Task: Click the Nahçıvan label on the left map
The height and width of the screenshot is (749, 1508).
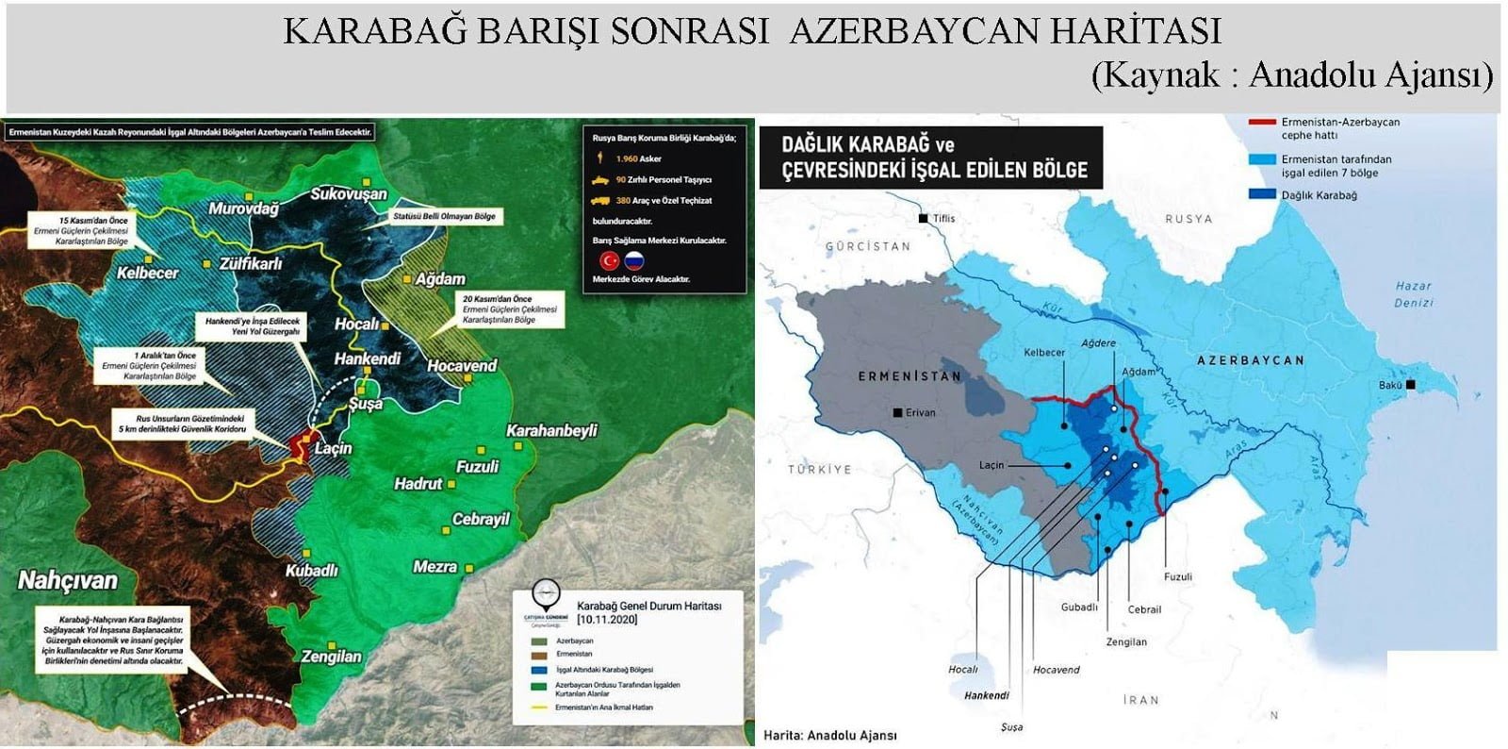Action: [68, 580]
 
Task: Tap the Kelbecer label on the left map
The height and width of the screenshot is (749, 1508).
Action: [148, 273]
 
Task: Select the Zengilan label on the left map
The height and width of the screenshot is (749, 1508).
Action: [331, 656]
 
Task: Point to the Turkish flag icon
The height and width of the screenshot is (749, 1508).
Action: [609, 259]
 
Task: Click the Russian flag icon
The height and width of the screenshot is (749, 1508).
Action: [634, 259]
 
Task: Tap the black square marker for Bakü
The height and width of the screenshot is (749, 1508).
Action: [1410, 385]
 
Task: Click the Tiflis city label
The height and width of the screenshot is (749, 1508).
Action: [943, 218]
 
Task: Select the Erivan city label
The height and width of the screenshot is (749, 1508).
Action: [920, 412]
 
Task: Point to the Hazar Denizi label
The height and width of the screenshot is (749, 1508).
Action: [1413, 293]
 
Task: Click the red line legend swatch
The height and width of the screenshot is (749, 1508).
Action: [1261, 123]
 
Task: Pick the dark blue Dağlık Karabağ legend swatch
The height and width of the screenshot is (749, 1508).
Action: [1261, 195]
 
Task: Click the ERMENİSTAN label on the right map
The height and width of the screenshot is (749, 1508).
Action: [910, 375]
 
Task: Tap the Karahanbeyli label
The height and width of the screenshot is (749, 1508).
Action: [552, 430]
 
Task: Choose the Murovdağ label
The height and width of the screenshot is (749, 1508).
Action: [243, 208]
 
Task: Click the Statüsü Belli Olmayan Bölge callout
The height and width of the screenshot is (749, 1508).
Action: [444, 216]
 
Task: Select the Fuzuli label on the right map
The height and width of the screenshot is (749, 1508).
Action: [1177, 576]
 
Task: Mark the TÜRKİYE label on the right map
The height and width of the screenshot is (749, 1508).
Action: [819, 469]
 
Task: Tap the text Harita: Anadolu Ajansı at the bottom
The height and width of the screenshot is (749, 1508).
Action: [829, 735]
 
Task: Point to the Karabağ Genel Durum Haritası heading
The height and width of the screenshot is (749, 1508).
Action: [648, 606]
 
